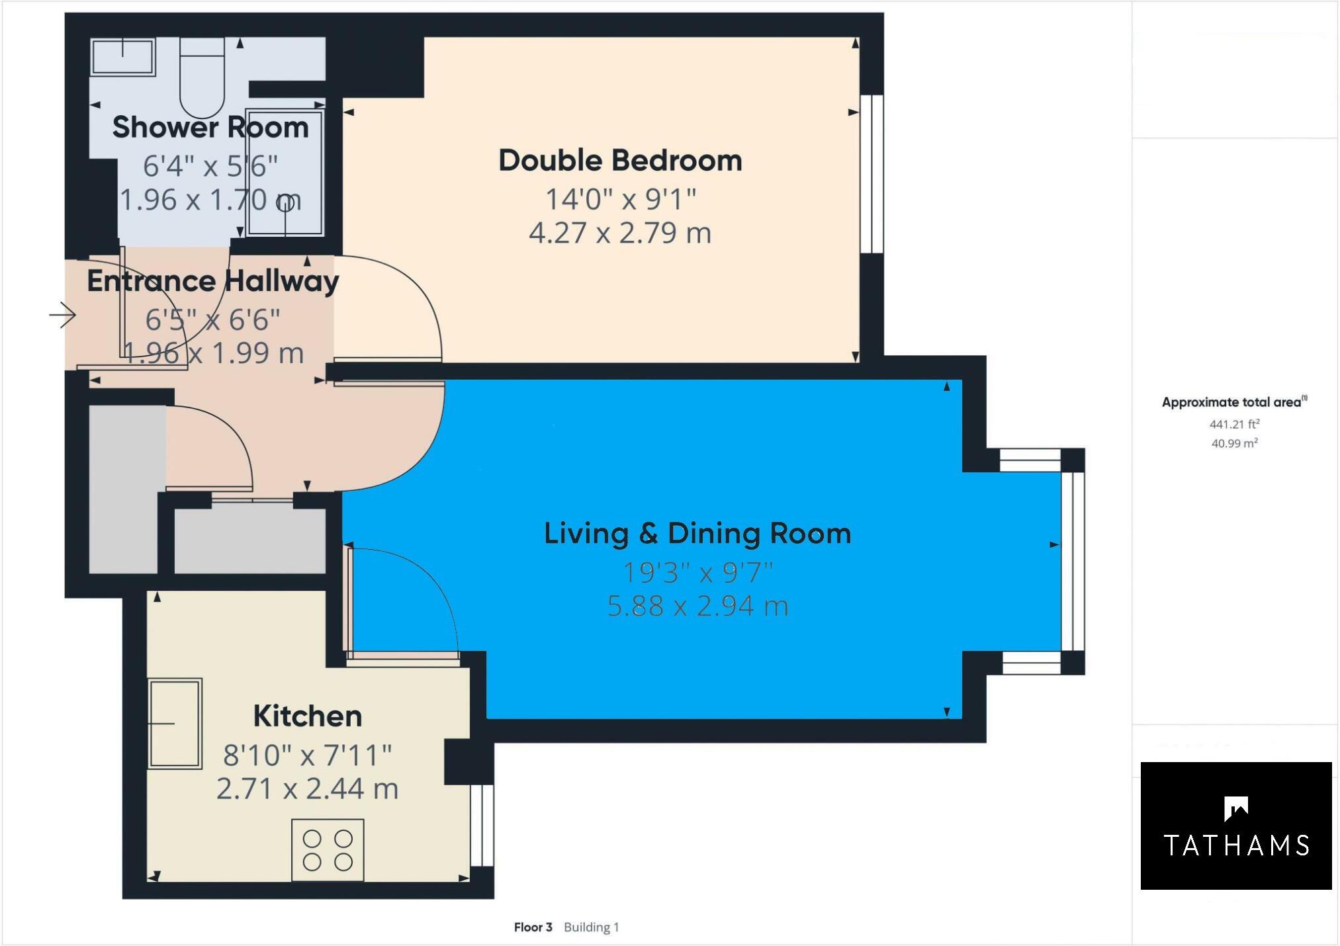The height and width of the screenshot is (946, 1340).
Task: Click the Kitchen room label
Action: (308, 716)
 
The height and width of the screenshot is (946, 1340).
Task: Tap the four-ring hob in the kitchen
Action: (328, 850)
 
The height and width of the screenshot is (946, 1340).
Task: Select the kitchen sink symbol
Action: (175, 723)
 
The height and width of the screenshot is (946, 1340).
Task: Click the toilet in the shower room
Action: (202, 78)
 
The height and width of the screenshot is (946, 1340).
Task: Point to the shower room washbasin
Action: (123, 57)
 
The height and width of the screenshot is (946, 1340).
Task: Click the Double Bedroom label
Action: (620, 161)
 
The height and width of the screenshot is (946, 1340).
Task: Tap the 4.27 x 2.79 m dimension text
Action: (620, 233)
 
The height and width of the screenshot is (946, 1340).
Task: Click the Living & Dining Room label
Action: (697, 534)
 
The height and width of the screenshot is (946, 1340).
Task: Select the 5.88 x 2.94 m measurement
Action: (697, 606)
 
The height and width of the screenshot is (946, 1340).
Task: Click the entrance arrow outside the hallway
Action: (63, 315)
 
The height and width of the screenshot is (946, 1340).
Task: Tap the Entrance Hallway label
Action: (212, 281)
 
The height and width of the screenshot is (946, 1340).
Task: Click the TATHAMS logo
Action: (1235, 826)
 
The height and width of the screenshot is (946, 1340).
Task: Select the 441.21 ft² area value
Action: (1234, 424)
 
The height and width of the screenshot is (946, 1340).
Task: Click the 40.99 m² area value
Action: (1234, 443)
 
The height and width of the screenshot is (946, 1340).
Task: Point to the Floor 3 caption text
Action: (533, 927)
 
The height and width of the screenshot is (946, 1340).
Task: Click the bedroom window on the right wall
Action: (872, 174)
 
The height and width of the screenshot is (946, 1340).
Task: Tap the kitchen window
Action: (483, 825)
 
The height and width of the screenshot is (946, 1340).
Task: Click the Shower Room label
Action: (210, 127)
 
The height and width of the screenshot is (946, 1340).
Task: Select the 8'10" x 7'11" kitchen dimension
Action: (308, 755)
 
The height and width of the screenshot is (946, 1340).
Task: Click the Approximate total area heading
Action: (1234, 402)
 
